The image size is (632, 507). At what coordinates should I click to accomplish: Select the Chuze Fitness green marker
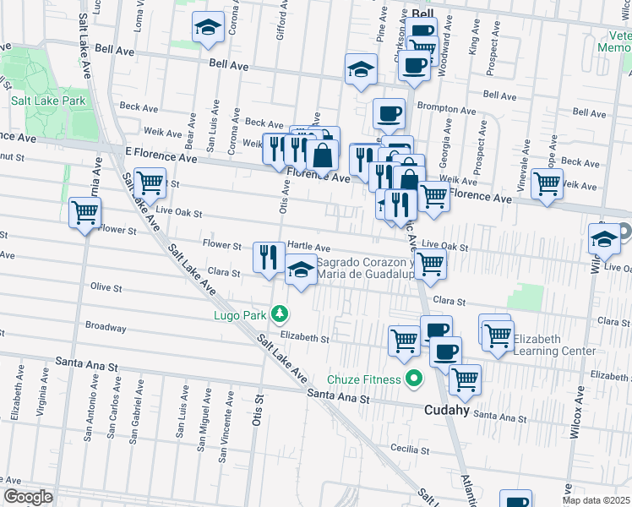coord(413,379)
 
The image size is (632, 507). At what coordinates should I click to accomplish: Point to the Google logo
coord(28,496)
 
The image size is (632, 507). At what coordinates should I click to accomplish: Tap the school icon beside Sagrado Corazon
coord(300,270)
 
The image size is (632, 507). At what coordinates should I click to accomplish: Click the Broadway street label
coord(106,327)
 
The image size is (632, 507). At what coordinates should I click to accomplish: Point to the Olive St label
coord(106,288)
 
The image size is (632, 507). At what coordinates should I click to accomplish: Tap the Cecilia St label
coord(422,449)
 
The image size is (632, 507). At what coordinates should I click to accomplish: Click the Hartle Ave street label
coord(308,246)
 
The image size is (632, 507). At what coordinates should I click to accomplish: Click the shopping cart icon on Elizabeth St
coord(404,341)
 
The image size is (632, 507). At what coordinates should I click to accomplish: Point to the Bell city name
coord(423,14)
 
